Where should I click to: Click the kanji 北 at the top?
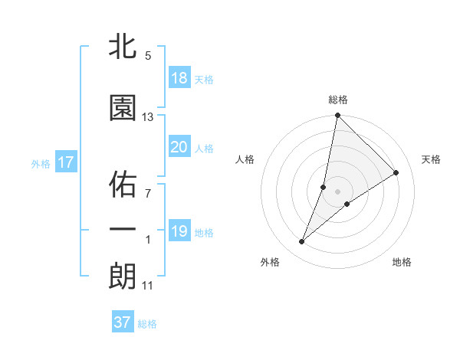click(x=123, y=47)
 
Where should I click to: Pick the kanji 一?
click(x=123, y=229)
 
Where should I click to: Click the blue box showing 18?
click(x=179, y=78)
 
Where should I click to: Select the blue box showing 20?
click(x=179, y=147)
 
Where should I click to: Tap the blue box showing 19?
click(x=179, y=231)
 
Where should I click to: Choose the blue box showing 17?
click(x=66, y=162)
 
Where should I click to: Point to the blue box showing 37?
click(x=123, y=322)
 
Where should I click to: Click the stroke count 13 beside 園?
click(x=148, y=117)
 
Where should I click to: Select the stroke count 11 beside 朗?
click(x=148, y=286)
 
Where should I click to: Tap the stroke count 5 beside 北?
click(x=148, y=56)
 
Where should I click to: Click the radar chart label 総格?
click(x=338, y=100)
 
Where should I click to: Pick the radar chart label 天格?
click(x=432, y=159)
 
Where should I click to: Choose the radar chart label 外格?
click(x=270, y=262)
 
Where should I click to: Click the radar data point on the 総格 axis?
click(x=337, y=116)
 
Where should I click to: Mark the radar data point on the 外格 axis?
click(x=302, y=242)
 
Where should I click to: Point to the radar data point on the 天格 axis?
click(x=396, y=172)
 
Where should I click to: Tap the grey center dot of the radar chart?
click(x=338, y=191)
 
